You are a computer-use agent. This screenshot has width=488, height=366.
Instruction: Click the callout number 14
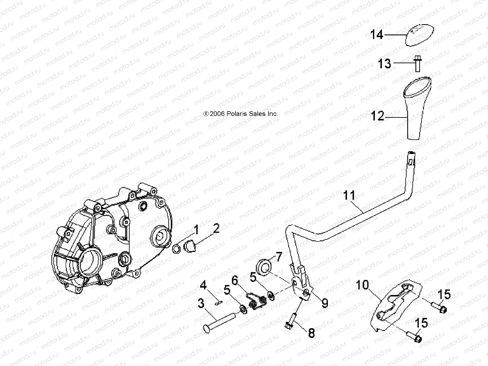(377, 35)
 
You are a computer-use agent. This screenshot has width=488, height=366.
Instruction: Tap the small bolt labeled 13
(418, 64)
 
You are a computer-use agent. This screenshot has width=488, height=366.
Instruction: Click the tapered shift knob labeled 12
(418, 110)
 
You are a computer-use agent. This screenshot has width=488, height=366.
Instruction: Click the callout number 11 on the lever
(350, 195)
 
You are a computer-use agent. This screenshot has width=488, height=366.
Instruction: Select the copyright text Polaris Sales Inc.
(241, 114)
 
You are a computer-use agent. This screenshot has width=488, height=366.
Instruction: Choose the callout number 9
(325, 303)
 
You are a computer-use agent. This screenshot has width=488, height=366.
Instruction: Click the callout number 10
(362, 285)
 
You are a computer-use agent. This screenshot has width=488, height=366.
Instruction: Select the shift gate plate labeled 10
(396, 305)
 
